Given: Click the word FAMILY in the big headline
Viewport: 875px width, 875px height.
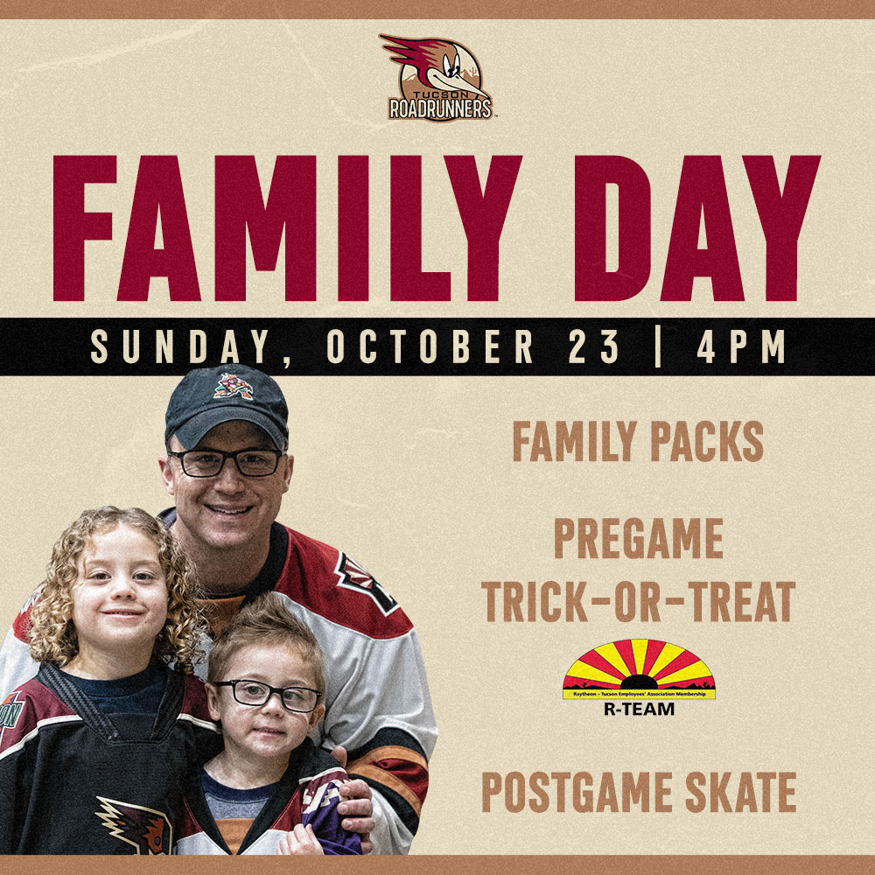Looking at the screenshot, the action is (x=286, y=228).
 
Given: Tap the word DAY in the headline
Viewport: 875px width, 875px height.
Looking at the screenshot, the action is (x=697, y=228).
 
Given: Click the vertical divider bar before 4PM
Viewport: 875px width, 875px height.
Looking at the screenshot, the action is (x=659, y=346).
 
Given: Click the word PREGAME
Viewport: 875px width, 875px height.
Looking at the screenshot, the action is (x=639, y=538).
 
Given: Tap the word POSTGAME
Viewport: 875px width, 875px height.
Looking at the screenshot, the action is (x=577, y=792).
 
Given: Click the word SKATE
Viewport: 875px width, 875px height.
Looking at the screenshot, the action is (x=740, y=792).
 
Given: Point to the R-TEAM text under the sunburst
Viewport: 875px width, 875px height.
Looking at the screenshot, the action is (x=639, y=709).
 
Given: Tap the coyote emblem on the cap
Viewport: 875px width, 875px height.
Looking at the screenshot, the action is (x=234, y=386).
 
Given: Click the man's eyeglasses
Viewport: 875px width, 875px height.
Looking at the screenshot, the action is (x=225, y=463).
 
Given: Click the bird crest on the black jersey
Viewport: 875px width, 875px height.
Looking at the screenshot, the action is (x=134, y=825).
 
